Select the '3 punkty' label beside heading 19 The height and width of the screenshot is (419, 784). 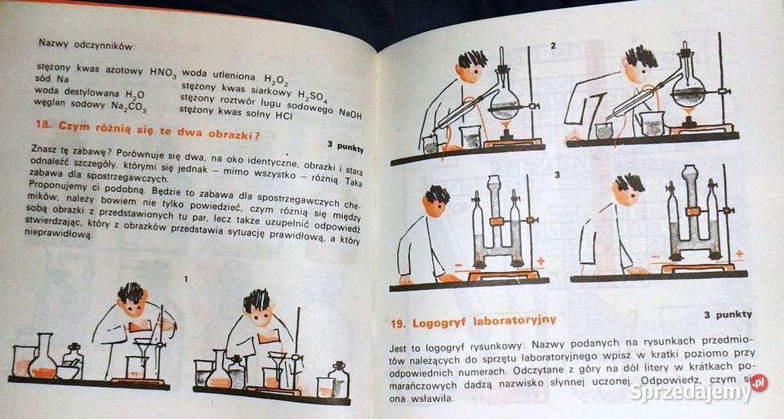tap(727, 314)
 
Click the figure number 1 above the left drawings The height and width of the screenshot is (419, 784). tap(186, 279)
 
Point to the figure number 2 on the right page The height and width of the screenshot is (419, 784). tap(553, 45)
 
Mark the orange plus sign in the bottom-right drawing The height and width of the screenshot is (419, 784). tap(738, 254)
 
